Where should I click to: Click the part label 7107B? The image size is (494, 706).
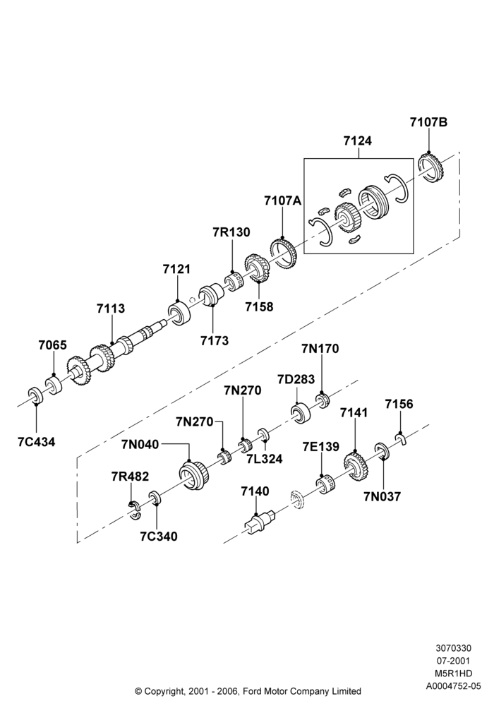click(428, 122)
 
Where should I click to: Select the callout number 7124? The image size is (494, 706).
click(358, 141)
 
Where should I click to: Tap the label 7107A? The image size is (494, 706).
click(282, 201)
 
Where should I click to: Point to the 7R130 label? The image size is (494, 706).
click(231, 232)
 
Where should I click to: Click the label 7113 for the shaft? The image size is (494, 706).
click(111, 309)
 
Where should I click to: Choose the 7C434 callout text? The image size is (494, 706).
click(37, 442)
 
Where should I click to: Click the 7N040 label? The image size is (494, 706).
click(140, 444)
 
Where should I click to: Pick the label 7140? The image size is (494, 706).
click(255, 491)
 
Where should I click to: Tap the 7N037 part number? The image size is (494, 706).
click(382, 496)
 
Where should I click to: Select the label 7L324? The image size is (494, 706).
click(265, 459)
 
